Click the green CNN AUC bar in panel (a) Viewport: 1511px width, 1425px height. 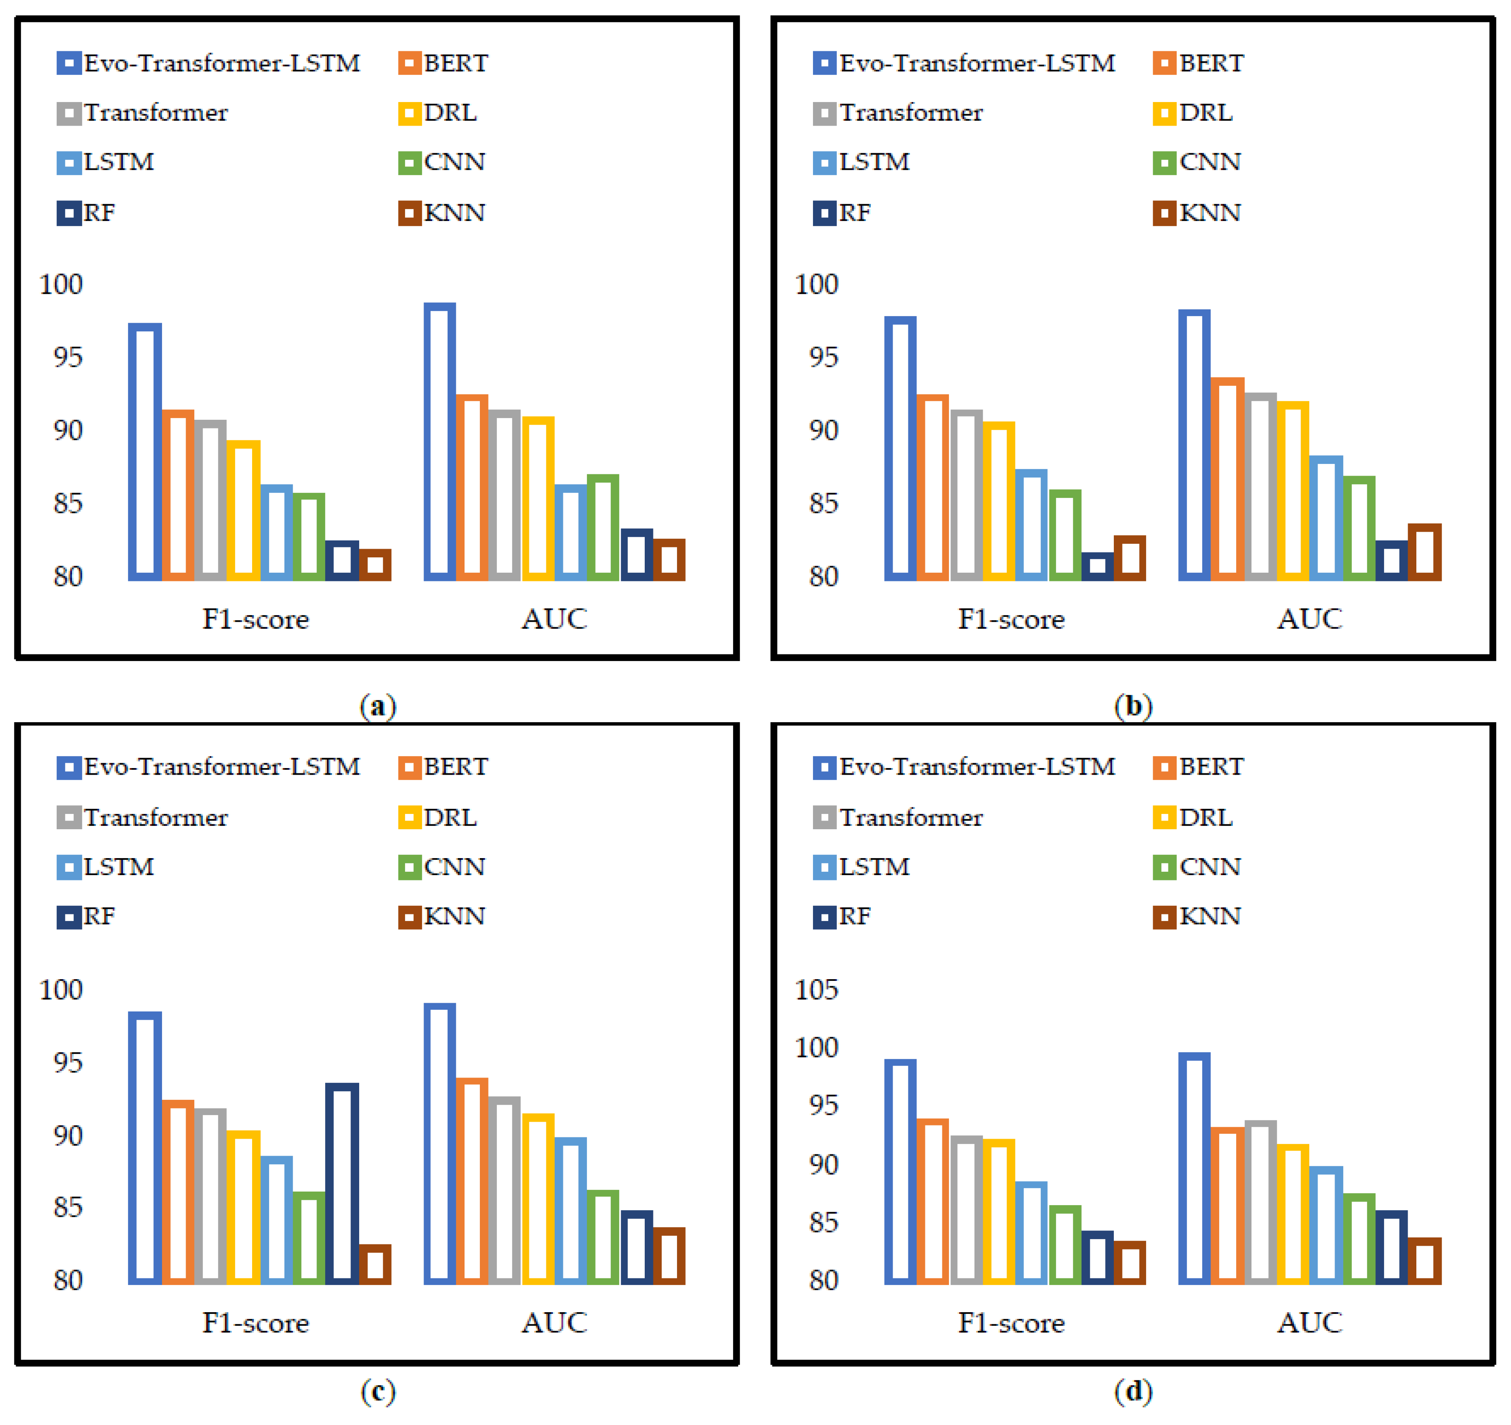(x=603, y=528)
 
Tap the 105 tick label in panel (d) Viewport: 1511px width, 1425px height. (x=815, y=990)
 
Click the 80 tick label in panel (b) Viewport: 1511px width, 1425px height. (x=823, y=576)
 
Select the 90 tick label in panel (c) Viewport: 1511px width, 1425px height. (x=68, y=1135)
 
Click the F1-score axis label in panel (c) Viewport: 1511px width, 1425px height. (x=255, y=1323)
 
